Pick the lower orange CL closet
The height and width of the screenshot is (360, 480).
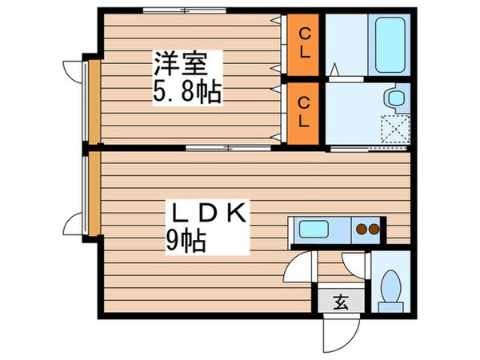(304, 113)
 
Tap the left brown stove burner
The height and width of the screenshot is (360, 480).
(362, 230)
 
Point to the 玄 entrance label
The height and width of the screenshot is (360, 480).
(339, 302)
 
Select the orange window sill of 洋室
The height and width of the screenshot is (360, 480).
(93, 102)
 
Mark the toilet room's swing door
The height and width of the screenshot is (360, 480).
(353, 264)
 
